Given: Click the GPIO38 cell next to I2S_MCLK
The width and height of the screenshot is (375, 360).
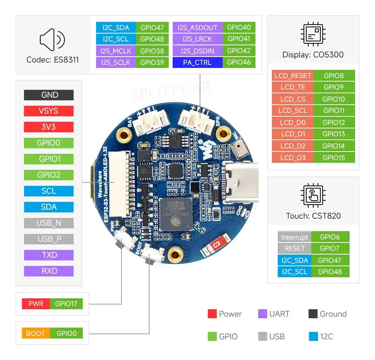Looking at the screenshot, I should (x=152, y=51).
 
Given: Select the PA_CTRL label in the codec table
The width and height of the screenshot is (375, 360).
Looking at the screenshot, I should (x=197, y=62).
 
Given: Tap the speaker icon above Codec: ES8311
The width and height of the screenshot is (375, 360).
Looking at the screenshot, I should (x=52, y=39).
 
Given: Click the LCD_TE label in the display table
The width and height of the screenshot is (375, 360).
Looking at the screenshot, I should (x=293, y=87).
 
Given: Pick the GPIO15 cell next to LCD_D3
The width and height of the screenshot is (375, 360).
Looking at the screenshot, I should (x=334, y=158).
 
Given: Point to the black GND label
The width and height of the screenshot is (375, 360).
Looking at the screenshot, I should (x=49, y=95).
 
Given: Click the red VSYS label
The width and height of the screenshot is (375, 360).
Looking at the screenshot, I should (x=49, y=111).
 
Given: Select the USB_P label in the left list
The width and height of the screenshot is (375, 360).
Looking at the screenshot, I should (x=49, y=239).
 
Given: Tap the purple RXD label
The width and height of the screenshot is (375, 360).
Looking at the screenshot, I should (x=49, y=271).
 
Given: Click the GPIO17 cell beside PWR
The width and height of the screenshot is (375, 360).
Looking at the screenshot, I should (x=66, y=304).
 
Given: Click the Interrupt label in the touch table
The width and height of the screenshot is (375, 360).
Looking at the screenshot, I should (x=295, y=237).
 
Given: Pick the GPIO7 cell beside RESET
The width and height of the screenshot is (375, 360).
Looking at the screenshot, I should (x=330, y=248).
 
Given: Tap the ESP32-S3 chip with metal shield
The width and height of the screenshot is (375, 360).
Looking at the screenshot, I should (x=175, y=216).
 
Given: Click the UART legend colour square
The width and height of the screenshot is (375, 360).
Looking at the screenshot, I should (x=262, y=314).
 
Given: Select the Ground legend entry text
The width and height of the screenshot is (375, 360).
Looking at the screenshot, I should (x=333, y=314).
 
